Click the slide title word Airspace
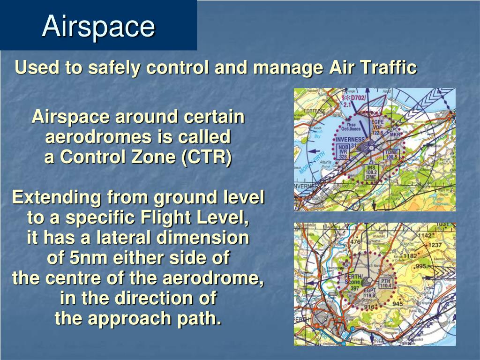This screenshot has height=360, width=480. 98,27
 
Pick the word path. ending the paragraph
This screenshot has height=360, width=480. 197,318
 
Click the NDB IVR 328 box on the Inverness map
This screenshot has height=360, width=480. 343,152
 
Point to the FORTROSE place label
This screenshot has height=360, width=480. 315,111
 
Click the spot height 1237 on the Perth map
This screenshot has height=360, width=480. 435,245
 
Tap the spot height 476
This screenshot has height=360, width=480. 355,242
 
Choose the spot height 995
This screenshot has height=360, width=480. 420,266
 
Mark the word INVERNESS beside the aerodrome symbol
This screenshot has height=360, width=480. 350,139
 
